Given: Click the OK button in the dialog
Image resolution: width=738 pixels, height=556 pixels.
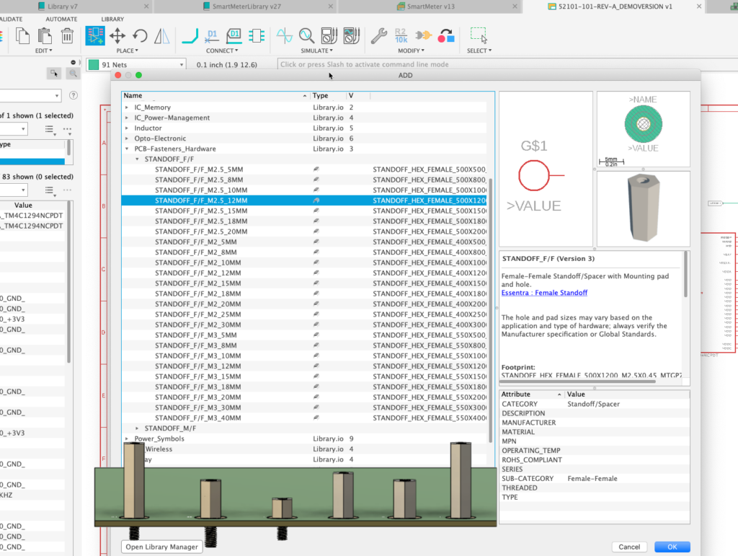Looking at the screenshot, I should click(672, 547).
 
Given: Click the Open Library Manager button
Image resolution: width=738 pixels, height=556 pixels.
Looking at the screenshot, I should click(162, 547).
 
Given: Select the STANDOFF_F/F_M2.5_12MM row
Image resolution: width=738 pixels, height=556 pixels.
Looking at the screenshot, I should click(201, 200).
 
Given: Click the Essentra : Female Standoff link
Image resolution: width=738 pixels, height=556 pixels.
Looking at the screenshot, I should click(544, 293).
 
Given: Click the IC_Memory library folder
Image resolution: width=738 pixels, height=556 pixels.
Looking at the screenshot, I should click(153, 107).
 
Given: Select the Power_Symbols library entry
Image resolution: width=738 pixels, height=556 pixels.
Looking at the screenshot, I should click(159, 438).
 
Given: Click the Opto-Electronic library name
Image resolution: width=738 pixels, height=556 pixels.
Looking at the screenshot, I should click(160, 138).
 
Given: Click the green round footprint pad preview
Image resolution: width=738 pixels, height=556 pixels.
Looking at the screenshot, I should click(644, 125).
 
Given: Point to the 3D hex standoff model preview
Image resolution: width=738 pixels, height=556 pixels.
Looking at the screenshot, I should click(643, 208).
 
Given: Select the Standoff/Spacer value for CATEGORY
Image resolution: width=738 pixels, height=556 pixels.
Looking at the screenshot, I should click(593, 404).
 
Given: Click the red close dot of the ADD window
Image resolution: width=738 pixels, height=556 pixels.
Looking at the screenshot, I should click(119, 75).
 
